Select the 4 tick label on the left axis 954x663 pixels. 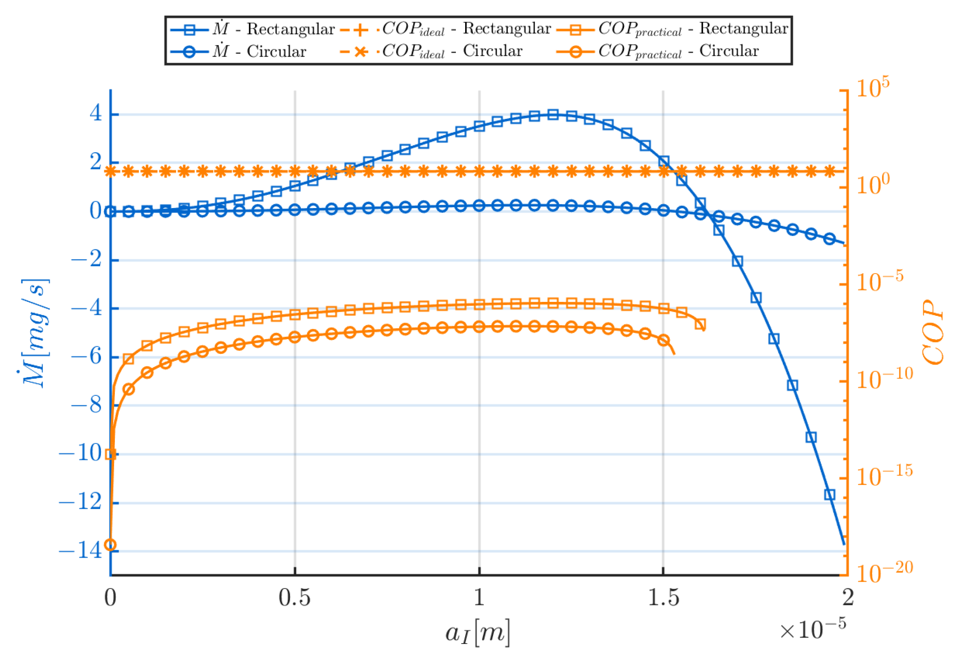[96, 113]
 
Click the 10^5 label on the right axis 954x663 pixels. [872, 88]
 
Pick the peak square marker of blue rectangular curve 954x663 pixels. [553, 114]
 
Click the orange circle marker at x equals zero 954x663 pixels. [110, 545]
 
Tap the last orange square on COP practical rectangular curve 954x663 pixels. [700, 324]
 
